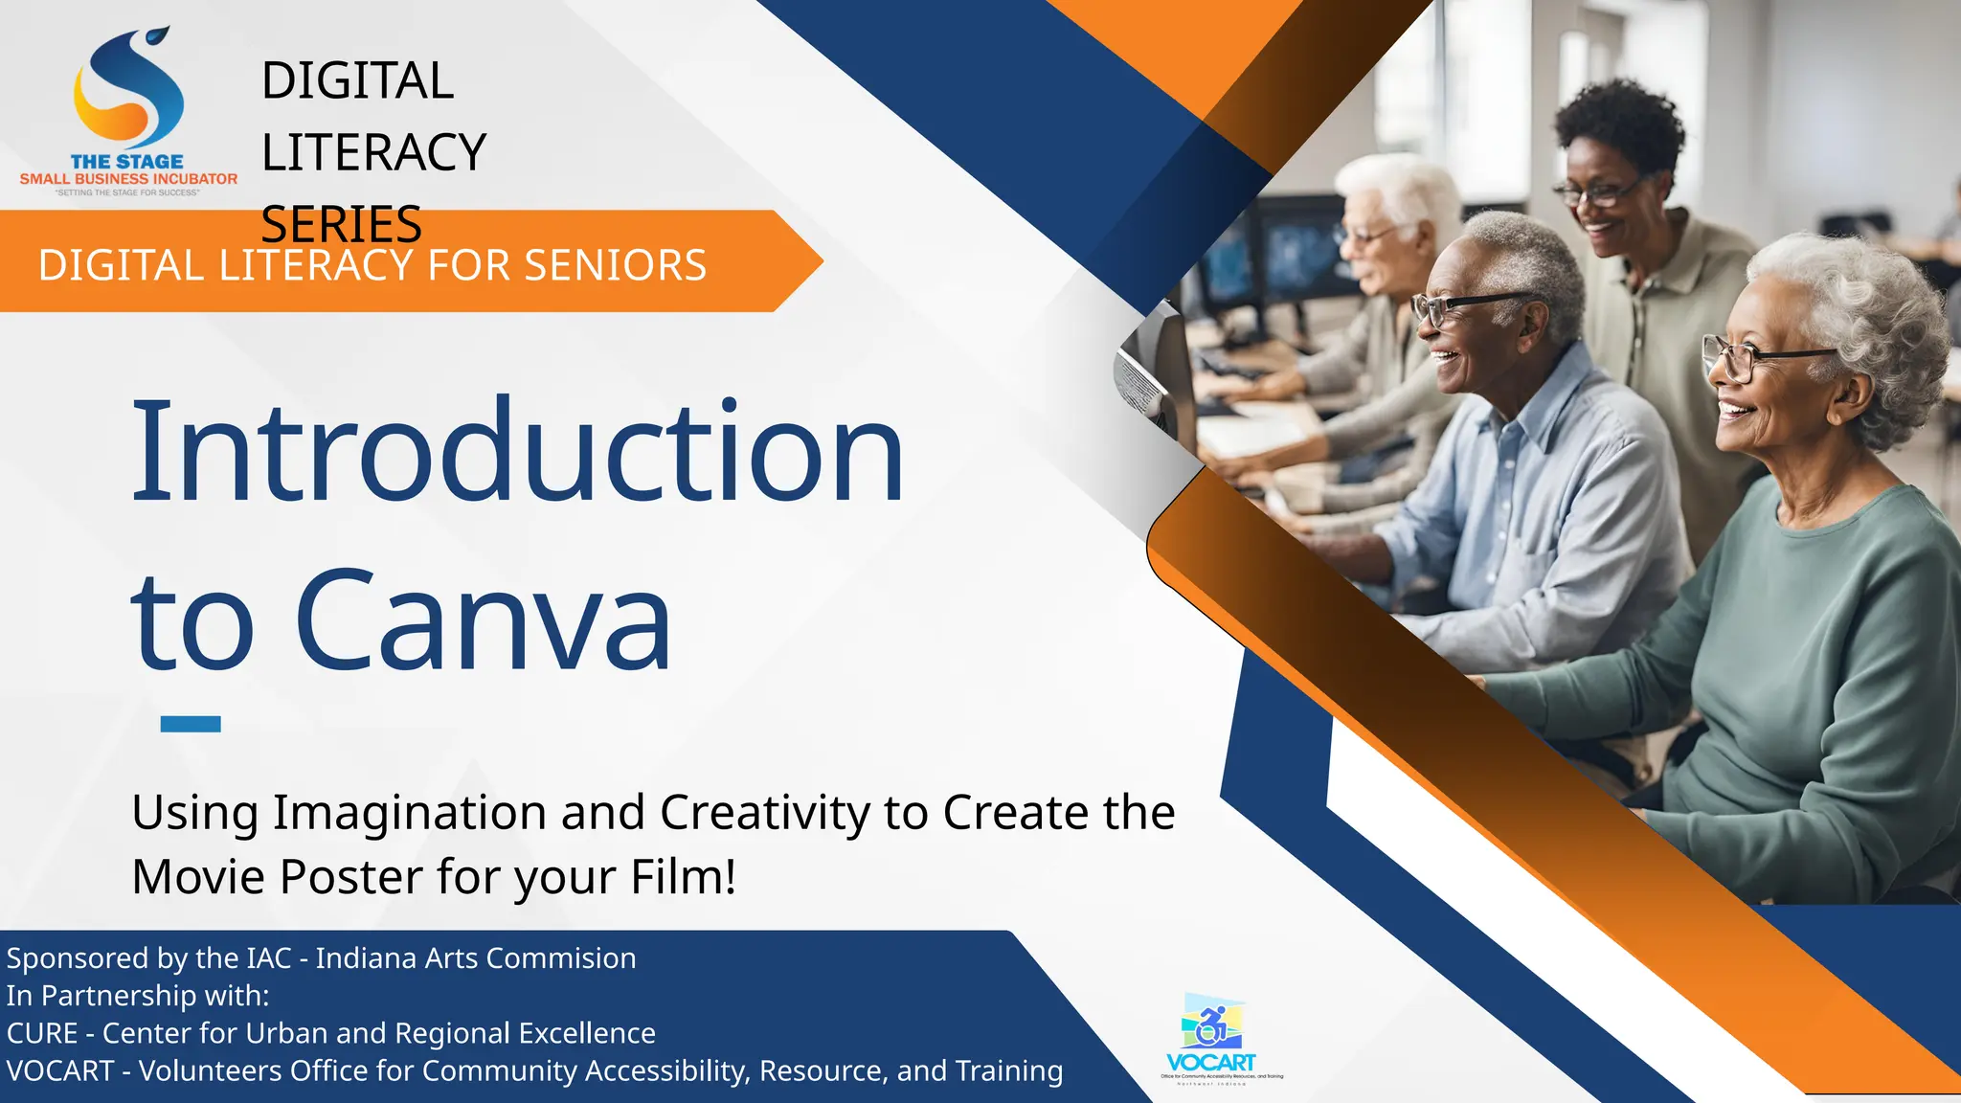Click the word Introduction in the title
click(517, 452)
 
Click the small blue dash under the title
click(191, 724)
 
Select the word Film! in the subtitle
click(684, 876)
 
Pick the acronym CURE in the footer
click(42, 1033)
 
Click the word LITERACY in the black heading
click(373, 152)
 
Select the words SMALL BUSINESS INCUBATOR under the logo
click(128, 179)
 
